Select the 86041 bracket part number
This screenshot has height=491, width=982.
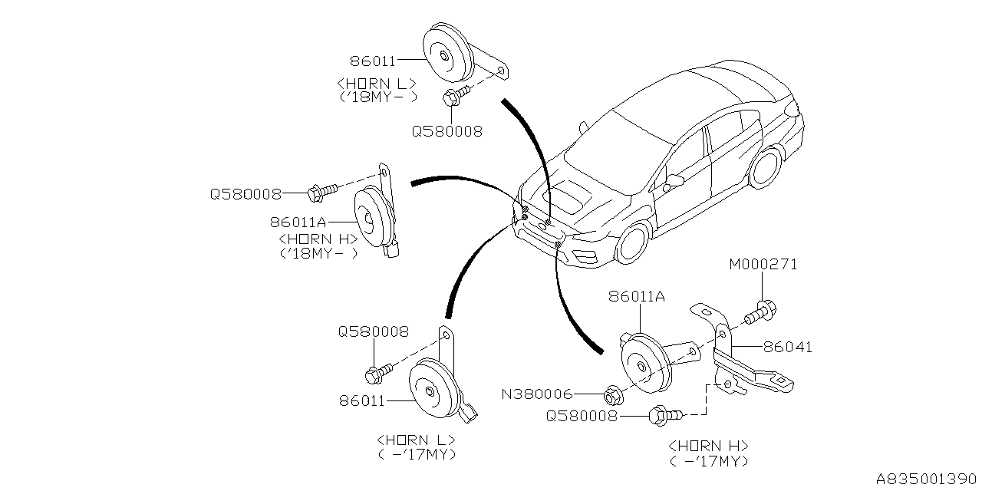point(787,348)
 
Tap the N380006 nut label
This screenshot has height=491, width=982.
point(537,394)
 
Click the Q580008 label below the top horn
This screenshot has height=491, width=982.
point(447,131)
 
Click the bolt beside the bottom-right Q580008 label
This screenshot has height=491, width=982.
point(665,416)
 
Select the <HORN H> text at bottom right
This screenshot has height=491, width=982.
point(709,446)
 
